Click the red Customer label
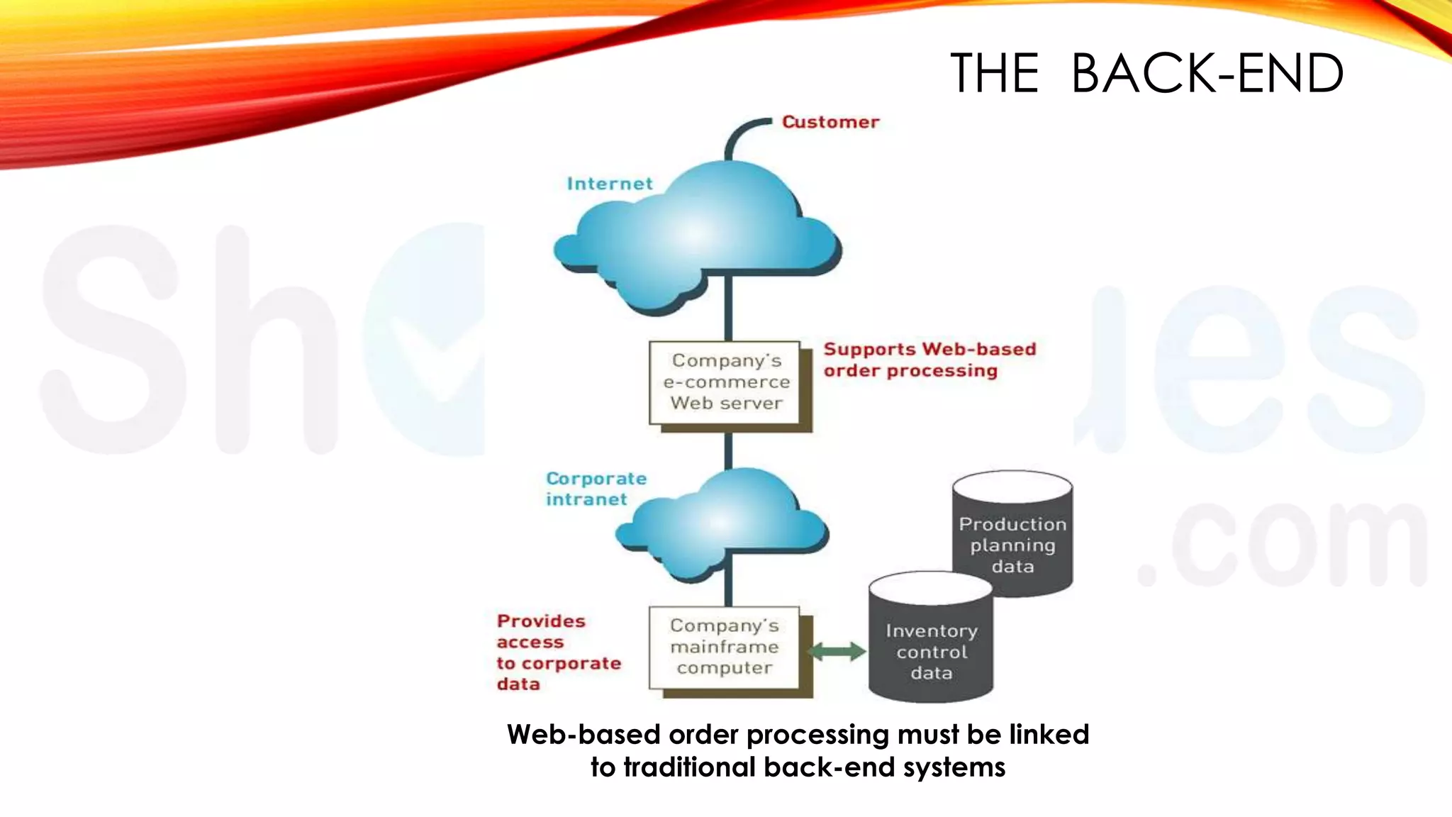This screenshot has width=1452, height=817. [x=830, y=122]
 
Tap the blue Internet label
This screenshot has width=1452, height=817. [x=610, y=184]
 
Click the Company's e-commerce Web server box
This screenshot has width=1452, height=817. [x=726, y=383]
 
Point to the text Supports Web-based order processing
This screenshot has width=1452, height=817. [x=929, y=360]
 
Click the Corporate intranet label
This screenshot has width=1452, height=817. [x=596, y=489]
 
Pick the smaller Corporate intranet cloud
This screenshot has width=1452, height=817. [x=723, y=525]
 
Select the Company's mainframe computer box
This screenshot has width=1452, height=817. [x=725, y=647]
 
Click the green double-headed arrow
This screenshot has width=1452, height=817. [x=837, y=651]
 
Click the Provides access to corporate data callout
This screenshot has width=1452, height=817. [x=558, y=652]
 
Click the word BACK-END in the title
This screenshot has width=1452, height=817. [x=1207, y=73]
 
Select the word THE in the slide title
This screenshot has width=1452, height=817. [x=994, y=73]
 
